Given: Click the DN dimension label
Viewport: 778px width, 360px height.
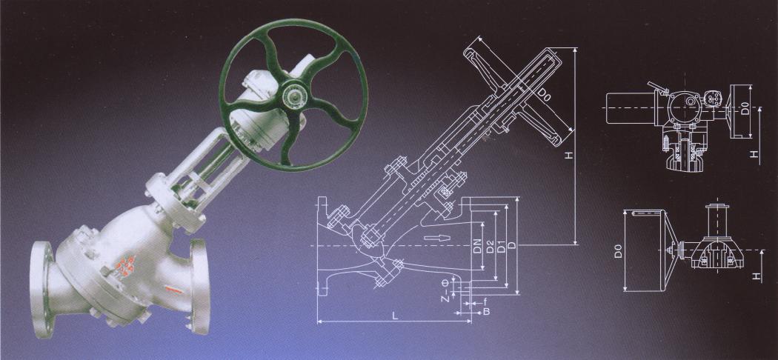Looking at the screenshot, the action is pos(478,245).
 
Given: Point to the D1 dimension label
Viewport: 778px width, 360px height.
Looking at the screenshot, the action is pos(501,245).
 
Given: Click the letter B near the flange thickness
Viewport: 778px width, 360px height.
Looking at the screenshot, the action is pos(487,312).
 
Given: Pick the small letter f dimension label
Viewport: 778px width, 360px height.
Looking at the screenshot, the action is pos(485,301).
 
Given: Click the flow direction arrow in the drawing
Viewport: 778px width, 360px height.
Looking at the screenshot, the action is pos(439,238).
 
